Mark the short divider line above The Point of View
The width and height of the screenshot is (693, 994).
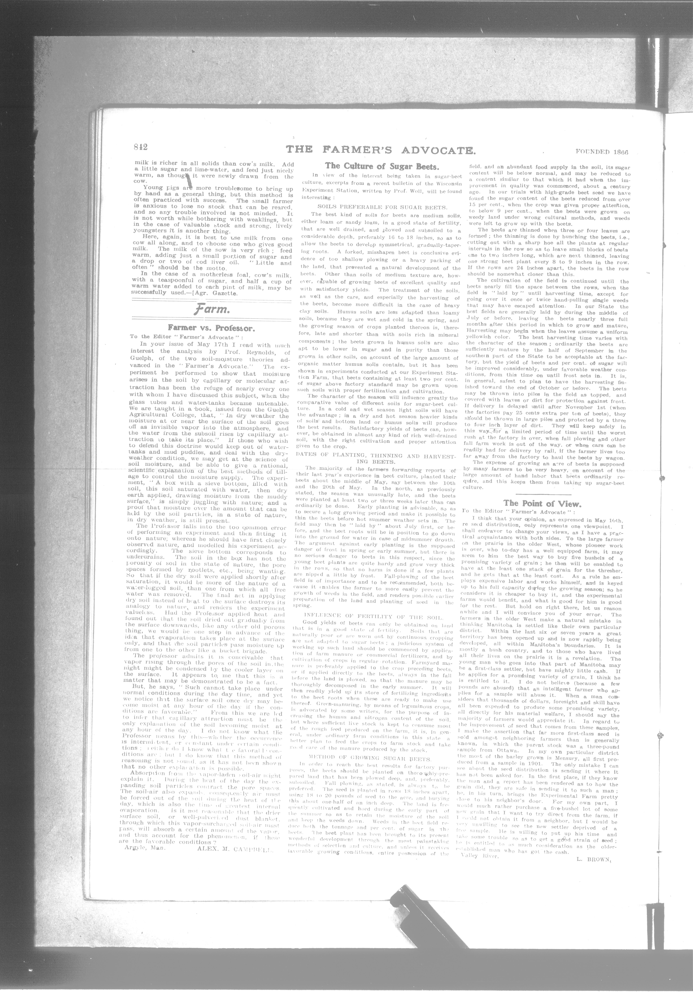coord(543,494)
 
